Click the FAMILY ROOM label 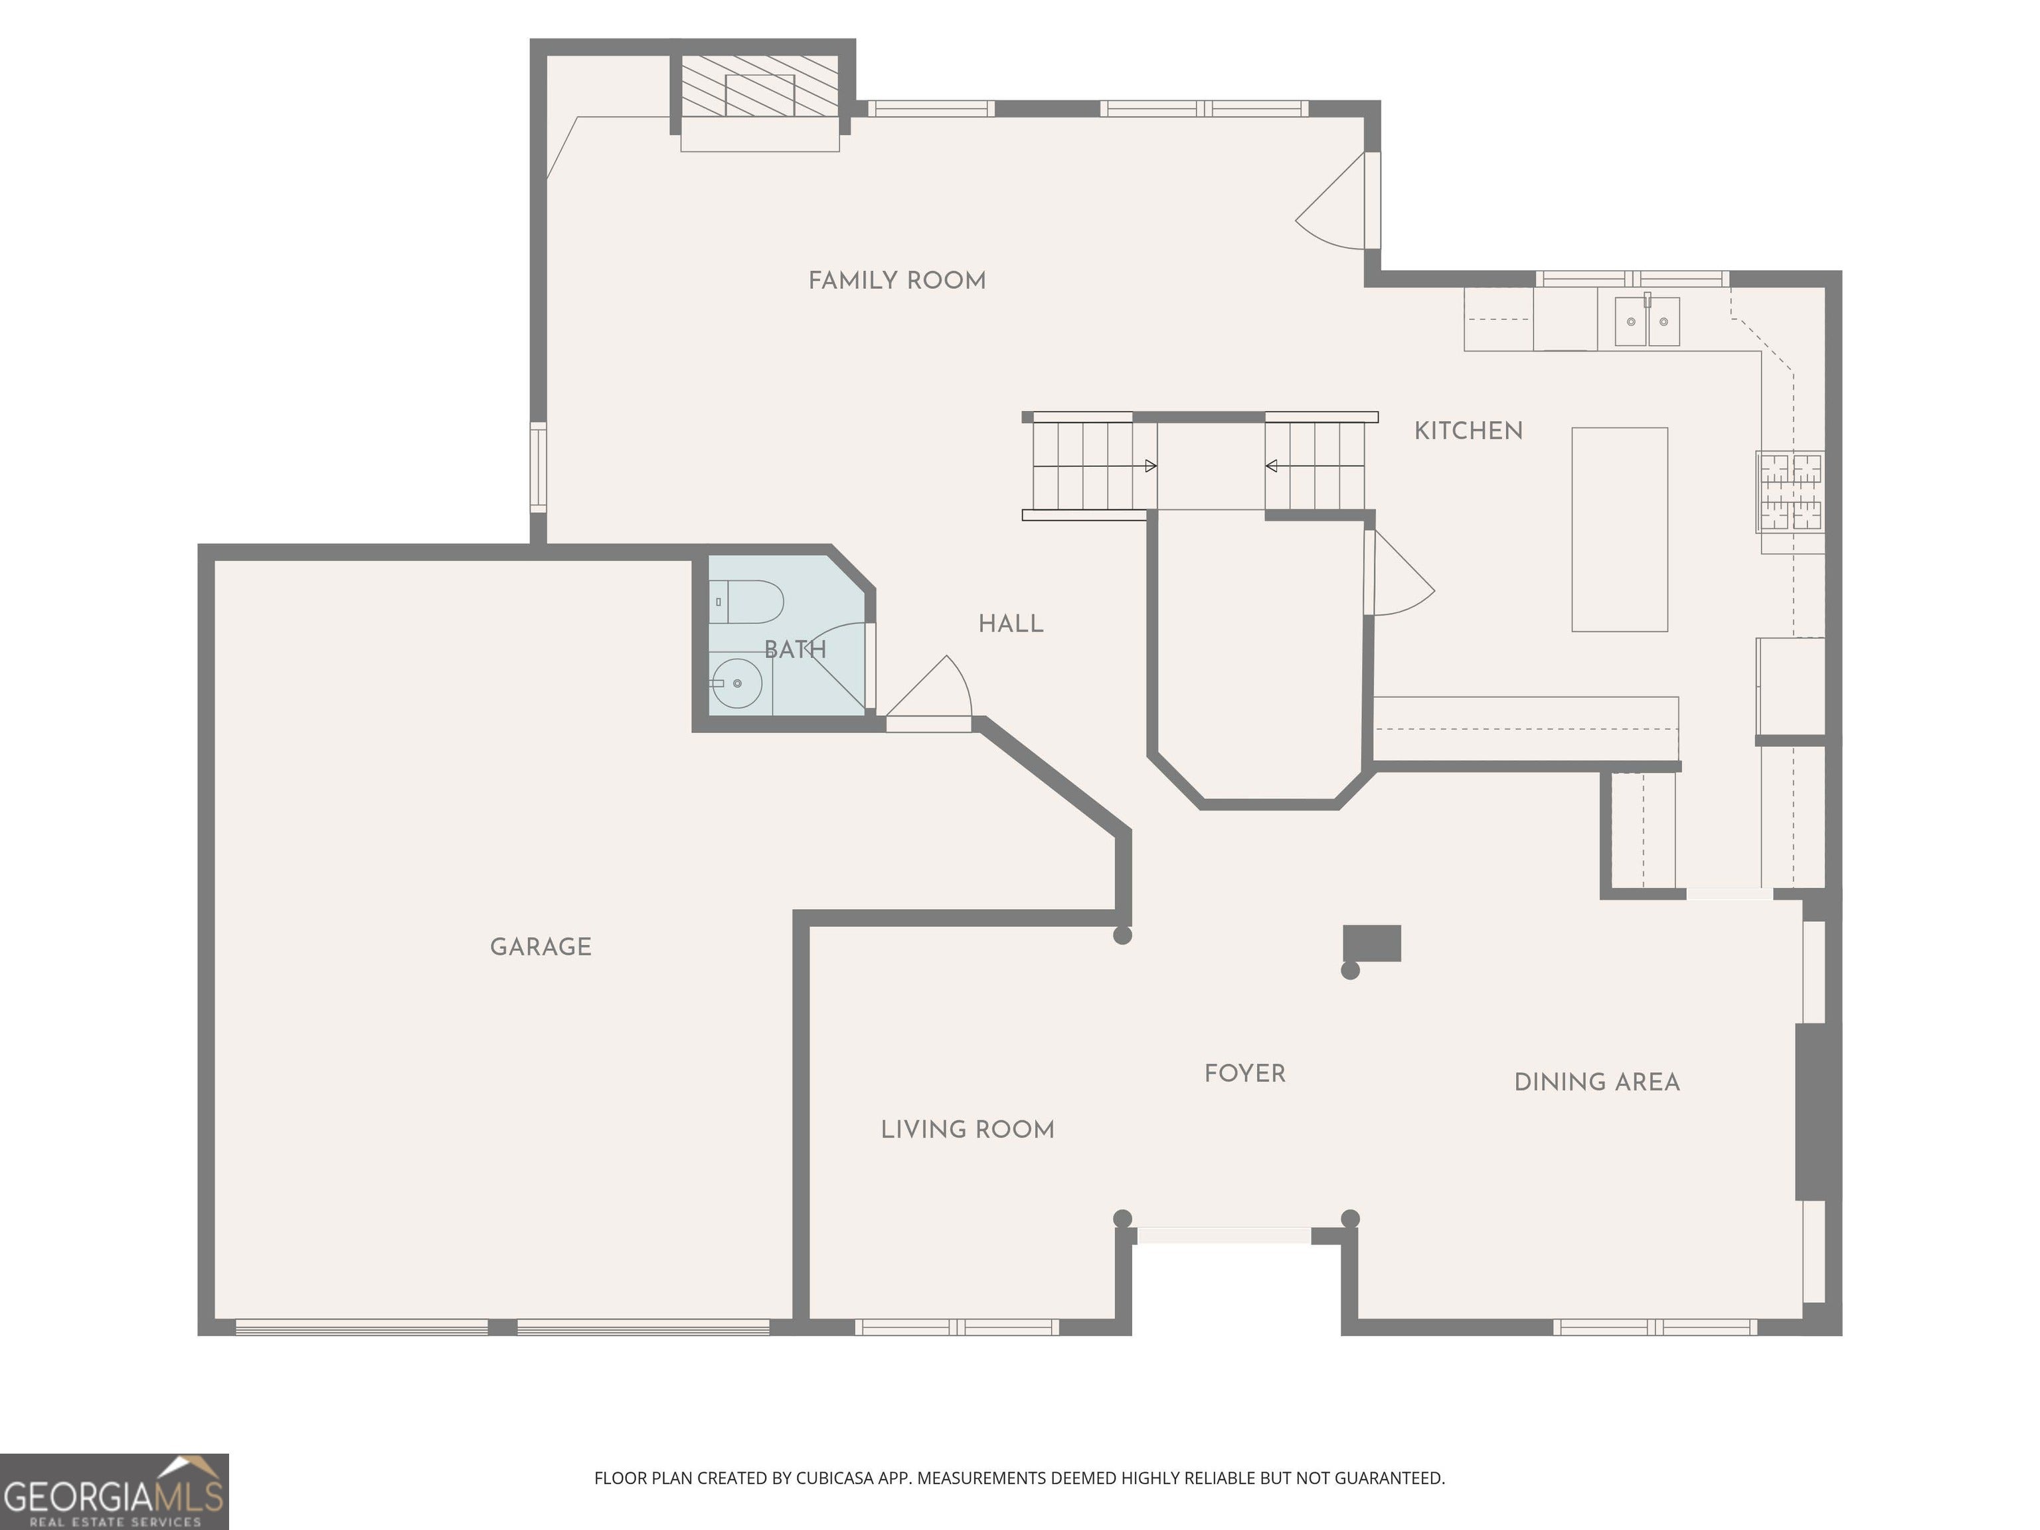point(896,280)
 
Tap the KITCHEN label point(1468,431)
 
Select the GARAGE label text point(541,946)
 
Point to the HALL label point(1011,624)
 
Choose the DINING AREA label point(1596,1082)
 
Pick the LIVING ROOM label point(966,1130)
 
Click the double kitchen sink point(1646,322)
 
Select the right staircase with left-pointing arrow point(1315,466)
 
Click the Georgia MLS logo point(114,1492)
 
